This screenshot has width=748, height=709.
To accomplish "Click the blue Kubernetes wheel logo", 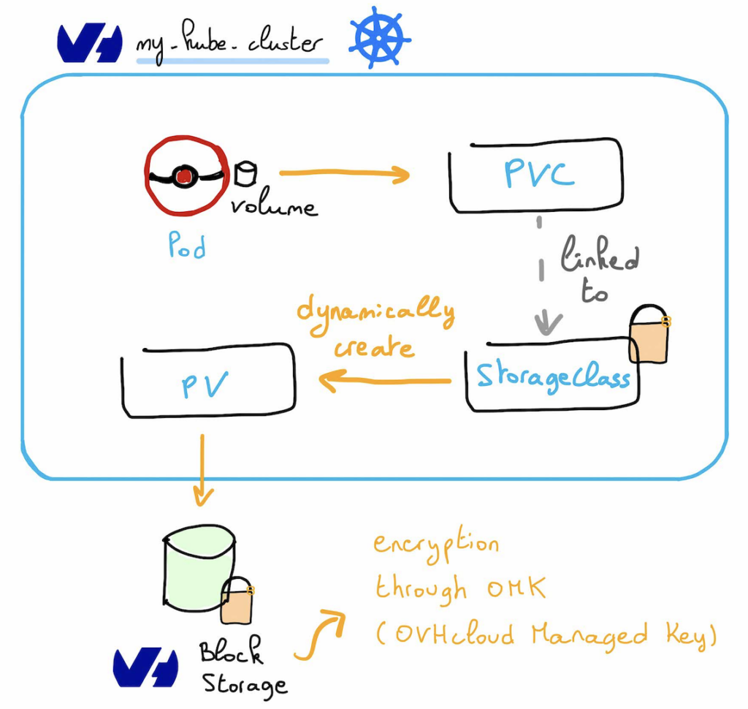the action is coord(380,37).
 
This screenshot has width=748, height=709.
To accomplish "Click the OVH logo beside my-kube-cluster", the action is coord(90,43).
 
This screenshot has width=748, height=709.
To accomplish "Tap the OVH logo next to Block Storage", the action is coord(145,667).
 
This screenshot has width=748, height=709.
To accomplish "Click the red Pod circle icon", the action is coord(186,175).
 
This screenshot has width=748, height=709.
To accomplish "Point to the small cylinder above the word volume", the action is coord(245,173).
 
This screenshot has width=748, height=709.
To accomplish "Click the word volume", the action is coord(274,205).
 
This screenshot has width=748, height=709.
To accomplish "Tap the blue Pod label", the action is coord(187,245).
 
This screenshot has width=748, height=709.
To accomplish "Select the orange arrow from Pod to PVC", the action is coord(345,173).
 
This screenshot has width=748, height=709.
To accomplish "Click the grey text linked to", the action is coord(599,269).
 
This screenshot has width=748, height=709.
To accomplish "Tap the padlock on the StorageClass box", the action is coord(649,334).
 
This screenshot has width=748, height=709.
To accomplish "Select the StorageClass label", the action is coord(554,377).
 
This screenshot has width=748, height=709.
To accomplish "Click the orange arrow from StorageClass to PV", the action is coord(384,381).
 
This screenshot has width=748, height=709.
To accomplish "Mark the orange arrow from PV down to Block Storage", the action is coord(203,470).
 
